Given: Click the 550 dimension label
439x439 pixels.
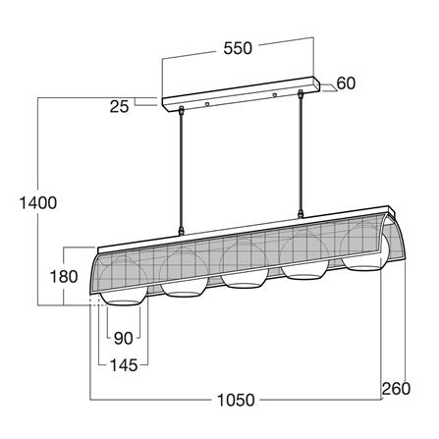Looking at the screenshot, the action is (238, 48).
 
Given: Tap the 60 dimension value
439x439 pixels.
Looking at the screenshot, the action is (346, 83).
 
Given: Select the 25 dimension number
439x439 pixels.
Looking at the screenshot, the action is (119, 106).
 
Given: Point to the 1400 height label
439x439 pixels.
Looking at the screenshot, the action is (38, 202).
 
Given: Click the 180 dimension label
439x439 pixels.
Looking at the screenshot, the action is (64, 276).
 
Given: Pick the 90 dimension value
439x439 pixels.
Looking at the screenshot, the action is (124, 338).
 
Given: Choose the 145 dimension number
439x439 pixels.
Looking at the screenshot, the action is (124, 365).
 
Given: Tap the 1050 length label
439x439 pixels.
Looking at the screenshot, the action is (236, 400).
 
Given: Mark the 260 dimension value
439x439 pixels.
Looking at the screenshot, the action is (396, 389).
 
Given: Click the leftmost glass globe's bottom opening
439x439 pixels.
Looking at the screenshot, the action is (124, 302).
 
